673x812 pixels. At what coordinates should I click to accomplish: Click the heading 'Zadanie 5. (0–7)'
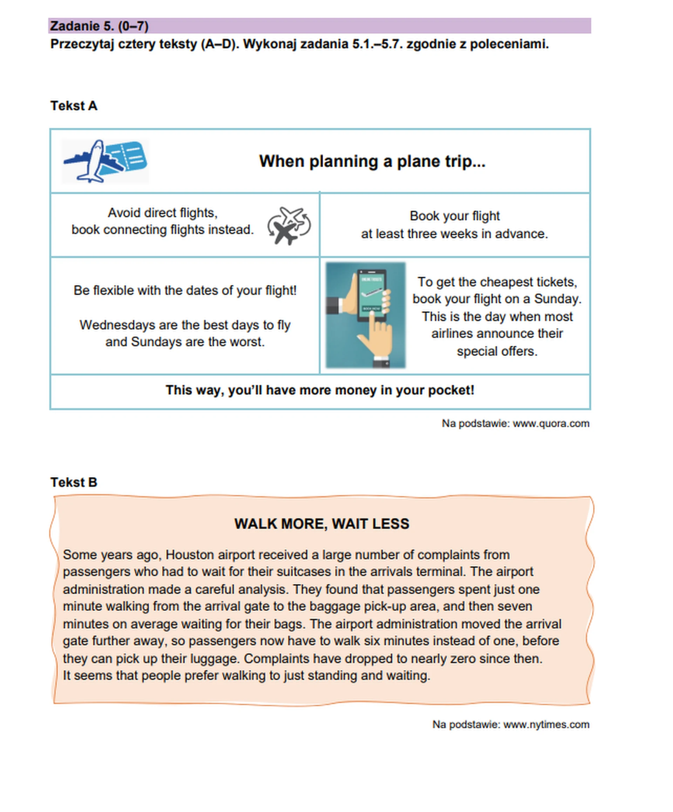(99, 26)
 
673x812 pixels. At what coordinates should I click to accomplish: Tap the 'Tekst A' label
(74, 106)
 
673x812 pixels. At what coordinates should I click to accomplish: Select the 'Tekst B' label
(74, 482)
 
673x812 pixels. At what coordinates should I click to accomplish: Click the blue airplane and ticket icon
(105, 161)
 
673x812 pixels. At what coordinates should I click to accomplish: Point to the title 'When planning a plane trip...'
(372, 161)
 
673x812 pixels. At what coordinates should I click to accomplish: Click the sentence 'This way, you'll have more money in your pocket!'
(320, 390)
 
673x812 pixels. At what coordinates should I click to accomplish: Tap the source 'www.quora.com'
(551, 423)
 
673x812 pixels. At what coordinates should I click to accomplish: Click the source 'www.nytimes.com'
(546, 724)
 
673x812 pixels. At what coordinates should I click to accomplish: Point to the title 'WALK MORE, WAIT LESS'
(322, 524)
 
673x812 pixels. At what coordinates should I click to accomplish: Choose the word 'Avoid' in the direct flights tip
(124, 213)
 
